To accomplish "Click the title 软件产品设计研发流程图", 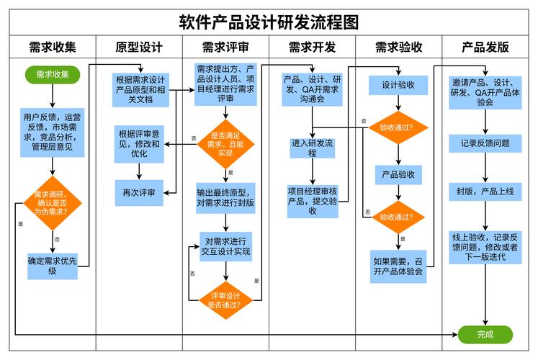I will tap(269, 21).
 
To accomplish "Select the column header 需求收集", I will tap(53, 48).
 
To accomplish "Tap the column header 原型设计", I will tap(139, 48).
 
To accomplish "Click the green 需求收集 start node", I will tap(53, 73).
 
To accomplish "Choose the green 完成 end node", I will tap(485, 334).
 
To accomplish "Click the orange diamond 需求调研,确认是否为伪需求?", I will tap(53, 203).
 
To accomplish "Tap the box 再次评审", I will tap(139, 192).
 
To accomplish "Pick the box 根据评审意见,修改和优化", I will tap(139, 143).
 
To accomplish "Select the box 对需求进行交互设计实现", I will tap(225, 246).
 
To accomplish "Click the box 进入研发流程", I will tap(312, 148).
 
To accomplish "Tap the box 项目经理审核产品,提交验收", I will tap(312, 201).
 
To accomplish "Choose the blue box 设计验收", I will tap(398, 85).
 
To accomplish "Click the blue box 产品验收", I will tap(398, 175).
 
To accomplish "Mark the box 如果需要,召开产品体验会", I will tap(398, 266).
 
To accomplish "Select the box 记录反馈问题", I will tap(485, 143).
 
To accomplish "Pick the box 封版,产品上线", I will tap(485, 192).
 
